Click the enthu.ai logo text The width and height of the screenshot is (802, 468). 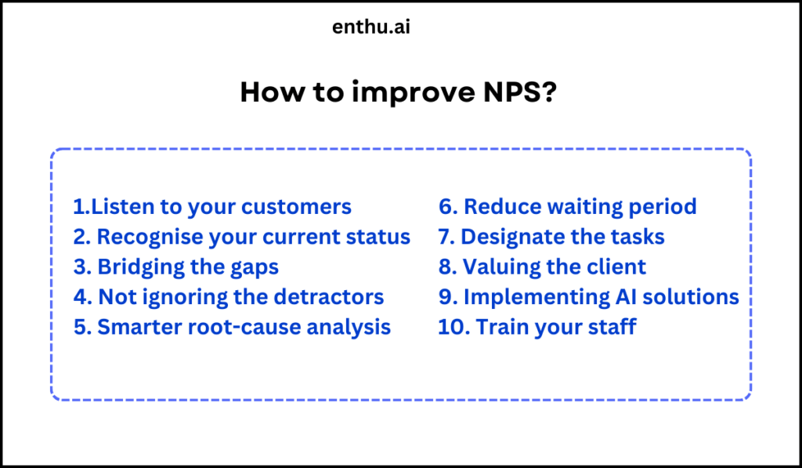pos(371,27)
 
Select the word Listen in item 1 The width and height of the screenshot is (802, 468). pos(117,207)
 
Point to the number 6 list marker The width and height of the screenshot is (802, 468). pos(446,207)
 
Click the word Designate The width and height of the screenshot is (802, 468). pos(521,238)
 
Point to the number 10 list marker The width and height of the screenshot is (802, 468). pos(451,327)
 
